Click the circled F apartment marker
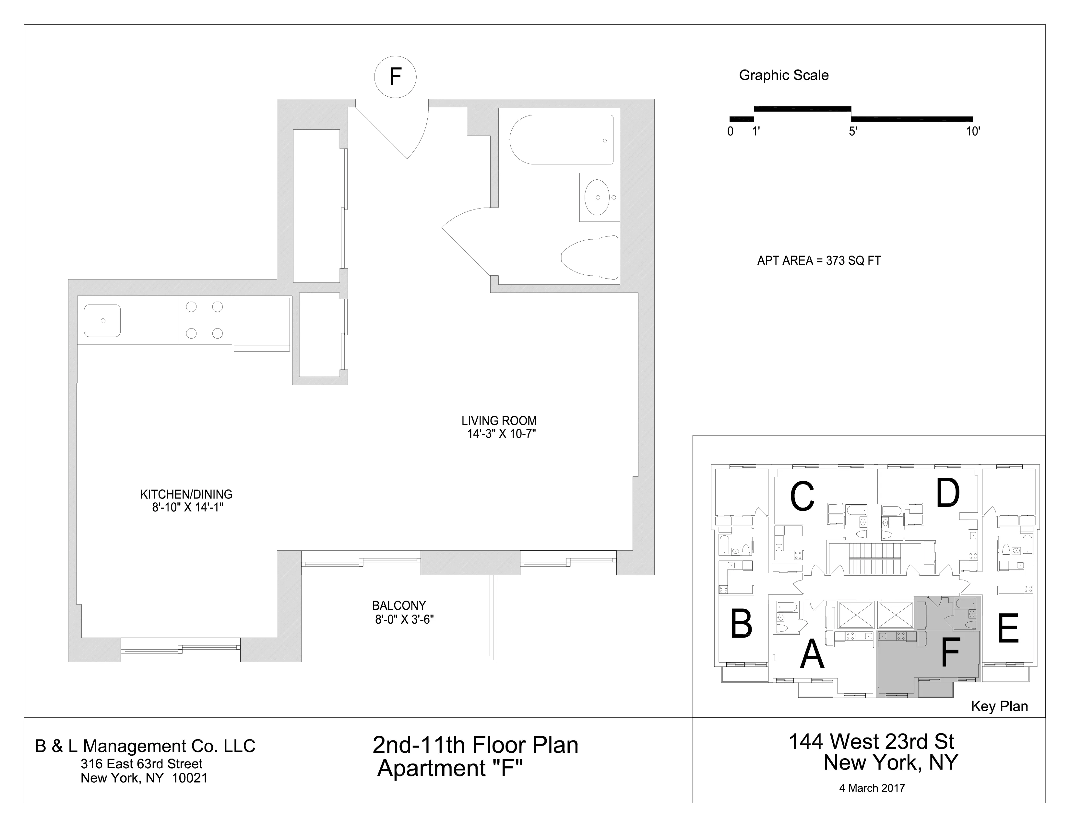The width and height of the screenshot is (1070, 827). [x=395, y=77]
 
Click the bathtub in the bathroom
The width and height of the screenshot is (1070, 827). [x=561, y=140]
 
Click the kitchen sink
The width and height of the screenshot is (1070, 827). [x=102, y=320]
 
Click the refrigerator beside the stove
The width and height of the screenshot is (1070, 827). [x=262, y=323]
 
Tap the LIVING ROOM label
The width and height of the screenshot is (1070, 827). [x=499, y=421]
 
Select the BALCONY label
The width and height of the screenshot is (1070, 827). [x=399, y=605]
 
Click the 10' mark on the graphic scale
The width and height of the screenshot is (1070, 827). [x=972, y=131]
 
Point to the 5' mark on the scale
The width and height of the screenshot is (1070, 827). [x=852, y=131]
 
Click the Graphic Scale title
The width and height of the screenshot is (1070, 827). [x=783, y=76]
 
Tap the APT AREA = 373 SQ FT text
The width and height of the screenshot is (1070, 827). [x=819, y=261]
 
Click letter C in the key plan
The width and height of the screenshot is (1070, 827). [x=802, y=496]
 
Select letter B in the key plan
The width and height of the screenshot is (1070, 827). [x=741, y=624]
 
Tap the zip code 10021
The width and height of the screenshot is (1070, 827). [x=190, y=778]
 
